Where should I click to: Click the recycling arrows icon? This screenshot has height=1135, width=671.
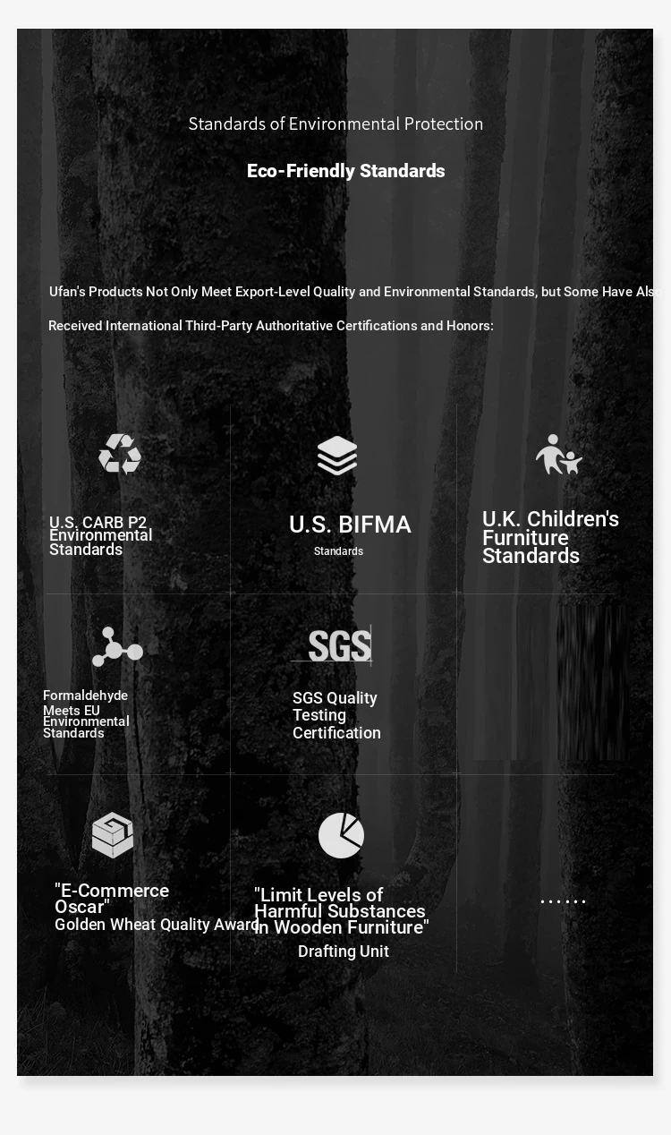coord(120,454)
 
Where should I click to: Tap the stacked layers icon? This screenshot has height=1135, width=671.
coord(337,456)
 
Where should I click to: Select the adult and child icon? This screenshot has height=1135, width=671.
coord(558,455)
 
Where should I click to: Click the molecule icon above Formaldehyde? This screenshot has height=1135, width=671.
coord(116,646)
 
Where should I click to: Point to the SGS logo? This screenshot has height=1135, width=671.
coord(339,645)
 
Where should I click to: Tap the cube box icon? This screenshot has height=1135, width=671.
coord(113,834)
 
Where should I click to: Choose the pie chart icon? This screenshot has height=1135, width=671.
coord(341,835)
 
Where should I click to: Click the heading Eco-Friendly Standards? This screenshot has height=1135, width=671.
coord(345,171)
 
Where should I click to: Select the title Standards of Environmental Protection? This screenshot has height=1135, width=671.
coord(335,124)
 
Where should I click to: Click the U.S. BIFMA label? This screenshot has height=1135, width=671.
coord(350,525)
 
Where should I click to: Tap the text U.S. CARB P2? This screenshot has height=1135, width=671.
coord(98,523)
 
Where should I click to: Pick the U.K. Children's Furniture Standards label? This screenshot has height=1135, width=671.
coord(549,537)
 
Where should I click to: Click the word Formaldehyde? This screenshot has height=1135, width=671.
coord(85,696)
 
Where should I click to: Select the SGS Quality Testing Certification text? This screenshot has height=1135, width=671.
coord(336,715)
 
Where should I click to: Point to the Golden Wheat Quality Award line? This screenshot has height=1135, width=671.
coord(157,925)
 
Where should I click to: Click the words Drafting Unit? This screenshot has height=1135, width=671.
coord(344,952)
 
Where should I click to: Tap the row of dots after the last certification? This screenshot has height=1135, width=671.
coord(563,901)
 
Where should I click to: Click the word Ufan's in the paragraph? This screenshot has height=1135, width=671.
coord(67,292)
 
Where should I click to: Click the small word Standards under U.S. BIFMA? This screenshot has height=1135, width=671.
coord(338,551)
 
